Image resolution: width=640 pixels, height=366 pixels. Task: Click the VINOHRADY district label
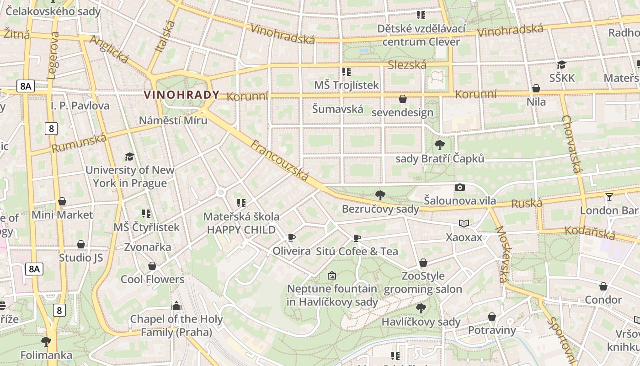point(181,95)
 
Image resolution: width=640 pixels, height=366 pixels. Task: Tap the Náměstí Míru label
point(173,120)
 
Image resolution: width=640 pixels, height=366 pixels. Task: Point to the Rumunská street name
point(79,143)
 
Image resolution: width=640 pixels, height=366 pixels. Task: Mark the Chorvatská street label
point(573,144)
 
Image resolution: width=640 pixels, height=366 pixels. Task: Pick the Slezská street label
point(407,65)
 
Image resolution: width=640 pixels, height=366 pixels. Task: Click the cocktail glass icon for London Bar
point(609,197)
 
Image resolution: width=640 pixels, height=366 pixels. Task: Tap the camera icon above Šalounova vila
point(460,187)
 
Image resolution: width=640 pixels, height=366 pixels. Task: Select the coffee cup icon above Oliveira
point(291,237)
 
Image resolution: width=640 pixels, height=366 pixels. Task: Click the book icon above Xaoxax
point(464,224)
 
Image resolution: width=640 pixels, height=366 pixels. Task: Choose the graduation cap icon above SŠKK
point(561,65)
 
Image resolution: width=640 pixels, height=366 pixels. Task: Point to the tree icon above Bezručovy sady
point(380,195)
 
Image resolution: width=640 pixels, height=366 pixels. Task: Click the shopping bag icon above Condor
point(603,286)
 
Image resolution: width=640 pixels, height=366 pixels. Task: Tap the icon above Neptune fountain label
point(332,275)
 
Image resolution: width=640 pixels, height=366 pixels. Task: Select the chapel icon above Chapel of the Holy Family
point(176,306)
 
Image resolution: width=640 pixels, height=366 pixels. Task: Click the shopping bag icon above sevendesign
point(403,99)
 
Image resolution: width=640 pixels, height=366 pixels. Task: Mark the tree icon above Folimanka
point(46,341)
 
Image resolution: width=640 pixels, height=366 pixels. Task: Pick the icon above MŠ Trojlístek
point(346,72)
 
